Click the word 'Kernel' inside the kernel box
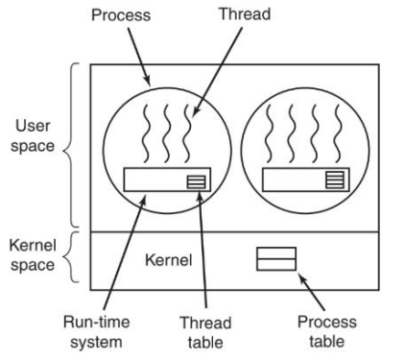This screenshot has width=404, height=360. click(170, 259)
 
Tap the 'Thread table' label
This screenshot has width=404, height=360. click(204, 330)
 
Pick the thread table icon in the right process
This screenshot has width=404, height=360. click(333, 179)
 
